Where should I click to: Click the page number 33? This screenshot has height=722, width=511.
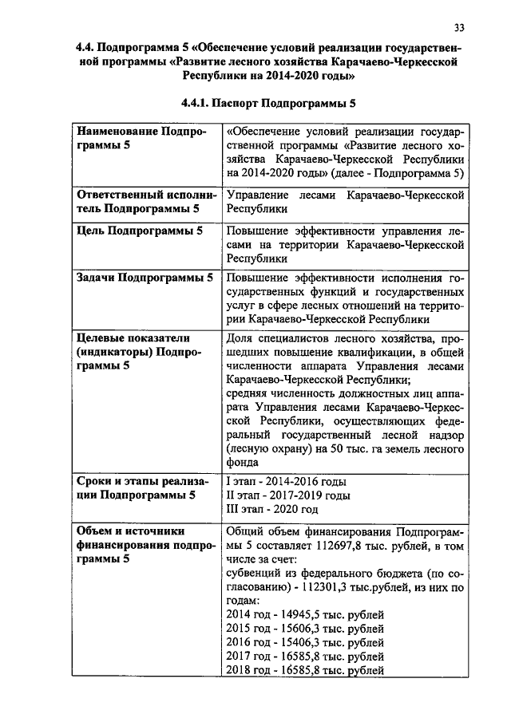(x=459, y=28)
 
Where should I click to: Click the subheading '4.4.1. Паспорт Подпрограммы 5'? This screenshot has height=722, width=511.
(x=267, y=104)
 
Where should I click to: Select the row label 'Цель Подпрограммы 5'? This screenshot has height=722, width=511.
(x=139, y=231)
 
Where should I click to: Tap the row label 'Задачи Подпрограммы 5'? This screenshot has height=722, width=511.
(x=144, y=278)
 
